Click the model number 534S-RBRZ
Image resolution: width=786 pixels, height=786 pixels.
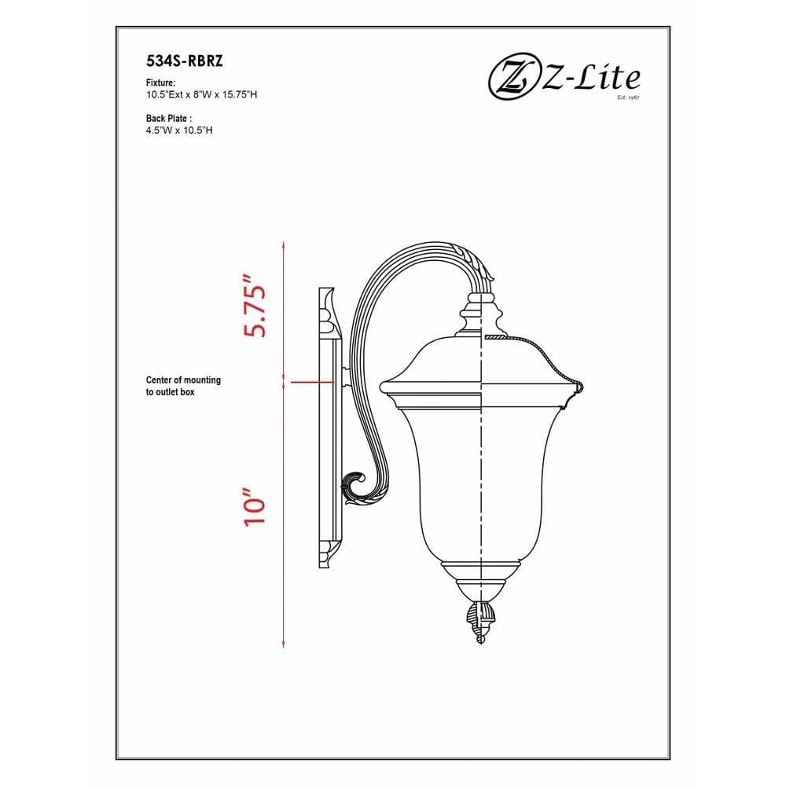tap(185, 61)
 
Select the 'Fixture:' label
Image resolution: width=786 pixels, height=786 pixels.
tap(160, 83)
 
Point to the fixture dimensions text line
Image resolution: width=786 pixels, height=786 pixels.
tap(201, 95)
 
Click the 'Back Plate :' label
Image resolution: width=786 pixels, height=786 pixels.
tap(169, 119)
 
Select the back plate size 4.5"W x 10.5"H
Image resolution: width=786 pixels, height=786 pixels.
tap(179, 130)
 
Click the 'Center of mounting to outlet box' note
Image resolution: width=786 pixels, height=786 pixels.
tap(183, 386)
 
